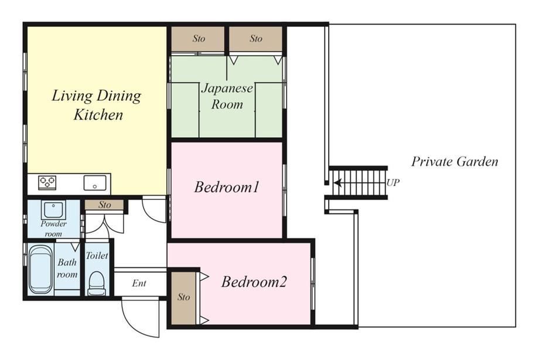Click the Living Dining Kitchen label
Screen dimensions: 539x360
click(97, 105)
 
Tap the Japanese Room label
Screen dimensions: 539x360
click(227, 96)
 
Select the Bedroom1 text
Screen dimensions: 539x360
click(227, 187)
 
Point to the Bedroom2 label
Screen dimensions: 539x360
click(254, 281)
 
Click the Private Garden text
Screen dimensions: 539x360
click(455, 161)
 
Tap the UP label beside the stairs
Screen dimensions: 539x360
click(393, 182)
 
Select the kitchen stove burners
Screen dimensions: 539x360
click(47, 182)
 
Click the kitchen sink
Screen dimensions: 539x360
click(95, 183)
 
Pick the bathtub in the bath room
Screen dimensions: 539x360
click(40, 269)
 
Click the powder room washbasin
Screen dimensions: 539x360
click(53, 209)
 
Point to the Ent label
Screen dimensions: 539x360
click(139, 283)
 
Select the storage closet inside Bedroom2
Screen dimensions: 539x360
click(183, 298)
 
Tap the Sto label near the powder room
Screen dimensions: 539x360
click(104, 205)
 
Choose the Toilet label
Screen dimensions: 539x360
click(97, 256)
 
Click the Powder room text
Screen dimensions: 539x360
click(54, 229)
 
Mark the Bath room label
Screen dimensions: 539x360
click(67, 268)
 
